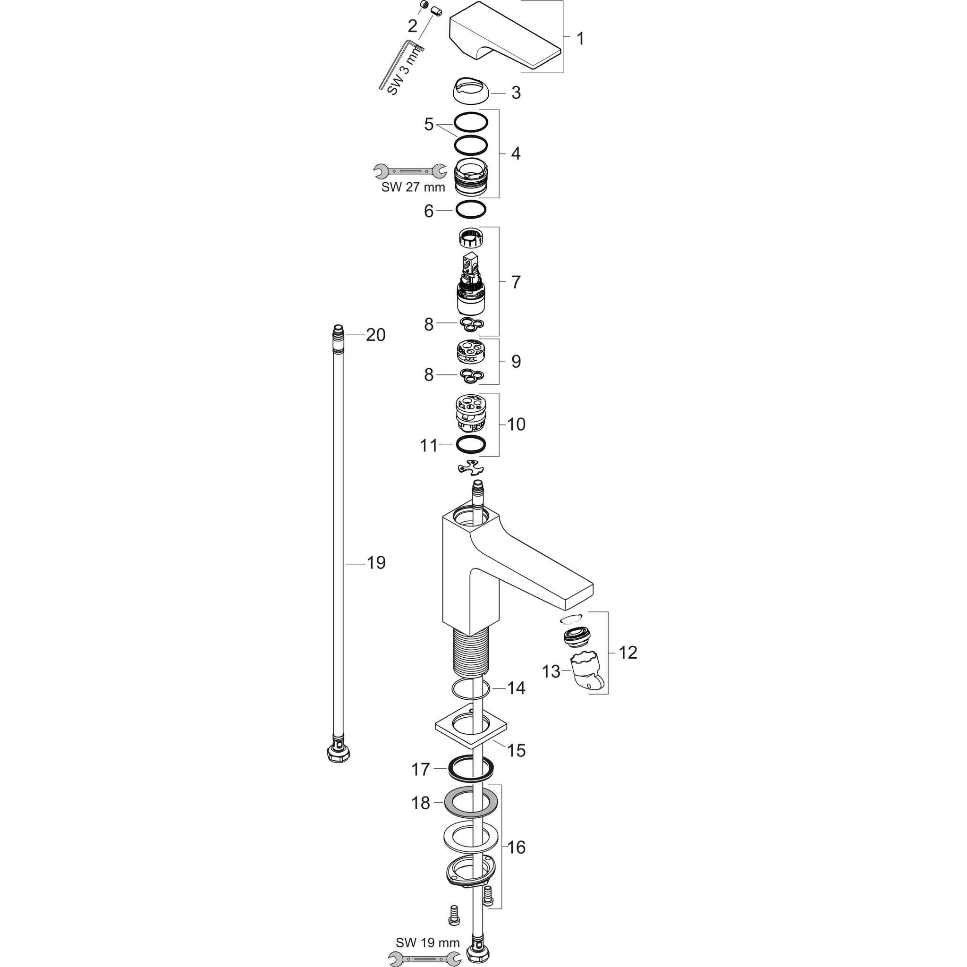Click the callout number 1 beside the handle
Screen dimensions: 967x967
click(580, 39)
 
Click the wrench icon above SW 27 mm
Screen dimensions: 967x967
click(410, 171)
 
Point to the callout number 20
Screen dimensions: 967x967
click(375, 335)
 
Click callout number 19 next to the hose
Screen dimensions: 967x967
click(376, 563)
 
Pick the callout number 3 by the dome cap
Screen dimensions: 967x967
click(516, 93)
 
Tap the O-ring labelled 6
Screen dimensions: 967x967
click(470, 210)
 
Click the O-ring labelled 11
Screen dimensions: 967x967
click(470, 444)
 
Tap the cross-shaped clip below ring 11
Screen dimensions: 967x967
click(471, 467)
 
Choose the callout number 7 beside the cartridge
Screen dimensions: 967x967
click(516, 282)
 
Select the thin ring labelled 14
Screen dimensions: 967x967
click(470, 689)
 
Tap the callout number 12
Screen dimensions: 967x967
click(628, 653)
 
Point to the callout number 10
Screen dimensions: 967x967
click(516, 424)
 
